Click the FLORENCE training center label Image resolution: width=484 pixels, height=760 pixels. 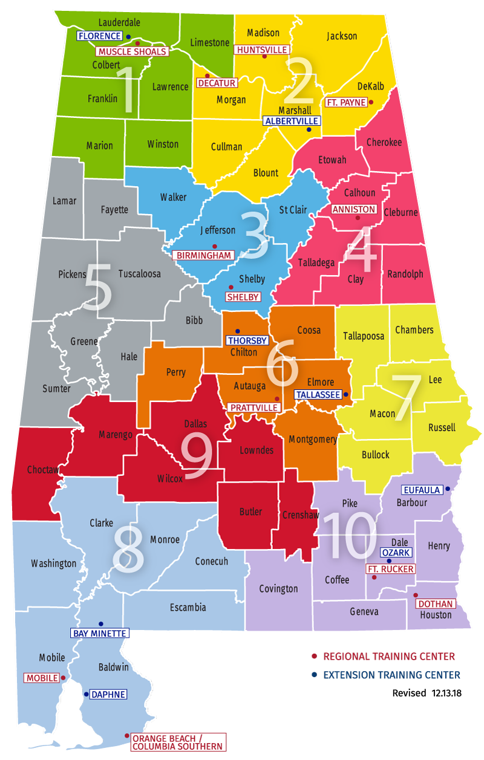[x=100, y=36]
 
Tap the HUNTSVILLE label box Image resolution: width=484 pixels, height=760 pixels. [x=263, y=49]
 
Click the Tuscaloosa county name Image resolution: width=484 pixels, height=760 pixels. [x=139, y=273]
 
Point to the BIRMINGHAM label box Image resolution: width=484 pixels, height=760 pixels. [x=203, y=255]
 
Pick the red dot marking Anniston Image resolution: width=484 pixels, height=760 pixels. [x=357, y=218]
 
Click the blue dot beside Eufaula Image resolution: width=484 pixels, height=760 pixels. [x=448, y=489]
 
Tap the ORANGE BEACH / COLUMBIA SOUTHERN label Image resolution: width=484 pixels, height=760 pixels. [x=178, y=742]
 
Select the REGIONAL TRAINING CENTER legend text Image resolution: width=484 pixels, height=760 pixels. [x=389, y=656]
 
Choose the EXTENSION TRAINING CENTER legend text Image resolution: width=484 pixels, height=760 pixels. [x=391, y=675]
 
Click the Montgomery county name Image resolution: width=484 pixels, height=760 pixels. [x=313, y=439]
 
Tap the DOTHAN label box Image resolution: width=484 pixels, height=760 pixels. [x=436, y=603]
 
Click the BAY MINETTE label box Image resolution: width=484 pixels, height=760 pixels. [x=100, y=633]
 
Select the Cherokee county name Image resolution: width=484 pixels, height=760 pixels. [x=384, y=142]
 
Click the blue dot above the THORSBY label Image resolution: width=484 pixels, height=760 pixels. [x=237, y=331]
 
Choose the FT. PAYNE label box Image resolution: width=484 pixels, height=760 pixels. [x=347, y=102]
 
